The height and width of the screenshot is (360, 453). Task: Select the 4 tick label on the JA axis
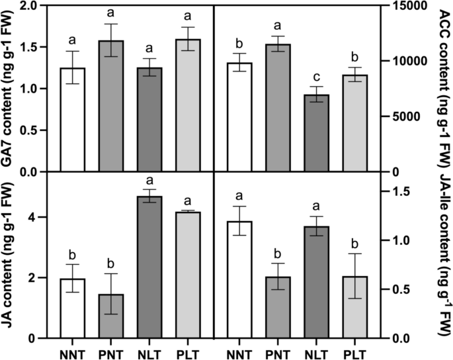(x=34, y=218)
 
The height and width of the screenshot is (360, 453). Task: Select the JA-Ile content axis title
(x=442, y=261)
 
